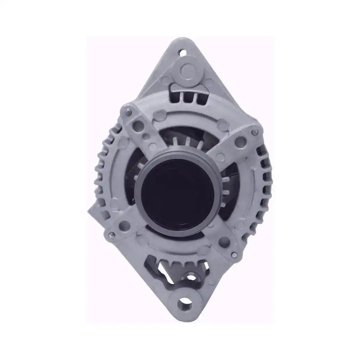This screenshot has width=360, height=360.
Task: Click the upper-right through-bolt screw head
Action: click(255, 131)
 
